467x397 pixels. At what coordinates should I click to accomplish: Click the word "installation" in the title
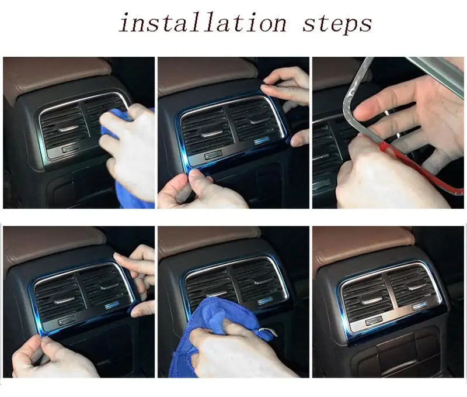[x=203, y=23]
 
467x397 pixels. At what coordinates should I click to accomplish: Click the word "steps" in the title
[x=337, y=25]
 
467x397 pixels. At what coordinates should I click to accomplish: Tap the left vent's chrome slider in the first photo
[x=68, y=129]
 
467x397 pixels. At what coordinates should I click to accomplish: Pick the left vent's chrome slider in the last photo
[x=371, y=301]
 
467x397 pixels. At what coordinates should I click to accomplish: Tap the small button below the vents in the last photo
[x=374, y=320]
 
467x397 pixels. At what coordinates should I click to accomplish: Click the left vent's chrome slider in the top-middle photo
[x=211, y=134]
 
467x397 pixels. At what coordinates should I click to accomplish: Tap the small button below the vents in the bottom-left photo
[x=67, y=321]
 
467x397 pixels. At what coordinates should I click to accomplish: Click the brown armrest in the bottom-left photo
[x=54, y=244]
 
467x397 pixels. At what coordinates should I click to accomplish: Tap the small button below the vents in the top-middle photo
[x=213, y=154]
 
